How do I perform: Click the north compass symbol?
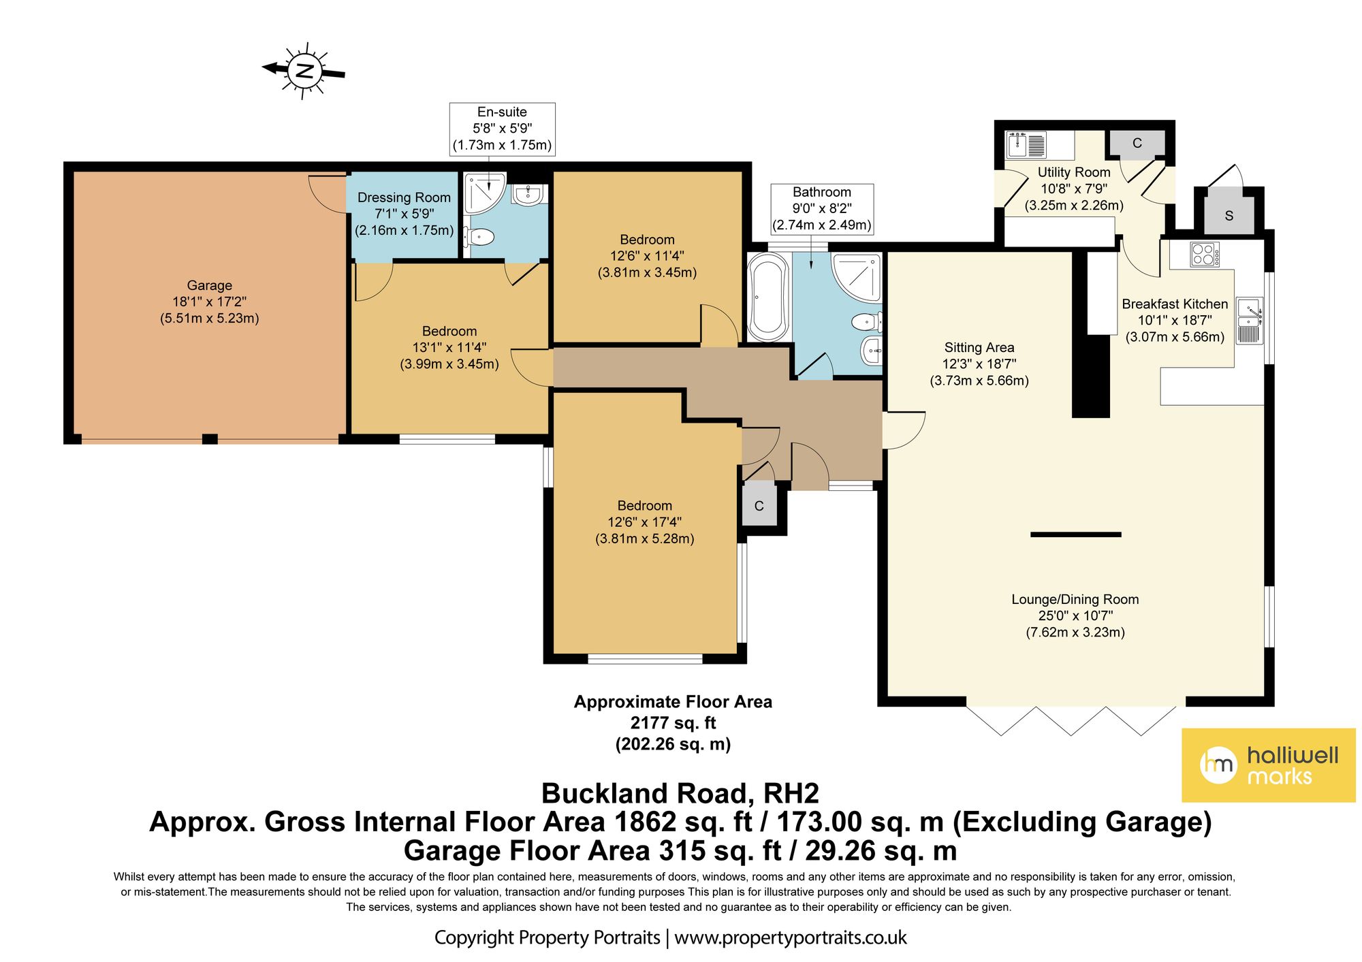click(x=304, y=71)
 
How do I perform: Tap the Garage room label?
click(x=210, y=302)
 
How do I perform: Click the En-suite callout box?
click(x=502, y=129)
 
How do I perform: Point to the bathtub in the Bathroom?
click(x=767, y=297)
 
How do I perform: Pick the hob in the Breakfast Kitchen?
click(x=1205, y=255)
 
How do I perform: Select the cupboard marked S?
click(x=1229, y=215)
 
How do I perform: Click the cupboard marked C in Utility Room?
click(x=1137, y=144)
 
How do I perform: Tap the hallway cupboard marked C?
click(x=759, y=504)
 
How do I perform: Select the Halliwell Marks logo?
click(x=1268, y=765)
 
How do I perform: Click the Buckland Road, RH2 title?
click(x=680, y=793)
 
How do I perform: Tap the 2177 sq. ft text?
click(x=673, y=722)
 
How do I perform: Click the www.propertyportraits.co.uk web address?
click(x=791, y=937)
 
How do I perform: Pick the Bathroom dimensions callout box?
click(x=822, y=209)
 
